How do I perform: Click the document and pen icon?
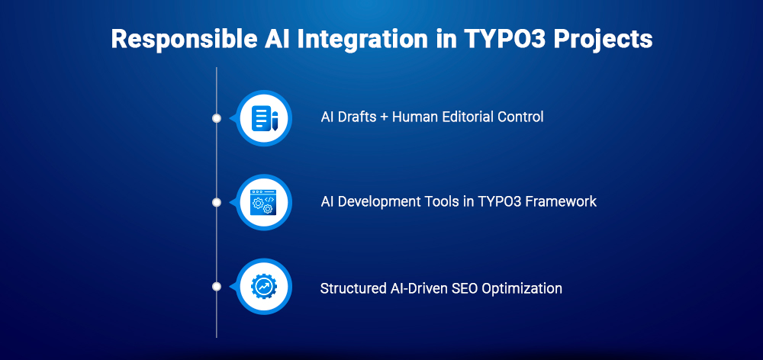[264, 118]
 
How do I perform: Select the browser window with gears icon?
[264, 202]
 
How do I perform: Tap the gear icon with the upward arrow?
[264, 287]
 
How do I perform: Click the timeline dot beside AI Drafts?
[217, 118]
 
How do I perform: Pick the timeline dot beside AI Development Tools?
[217, 202]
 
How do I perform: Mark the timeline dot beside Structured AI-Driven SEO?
[217, 287]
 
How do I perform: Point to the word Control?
[520, 117]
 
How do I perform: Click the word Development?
[374, 202]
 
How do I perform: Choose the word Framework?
[562, 202]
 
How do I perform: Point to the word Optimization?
[525, 289]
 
